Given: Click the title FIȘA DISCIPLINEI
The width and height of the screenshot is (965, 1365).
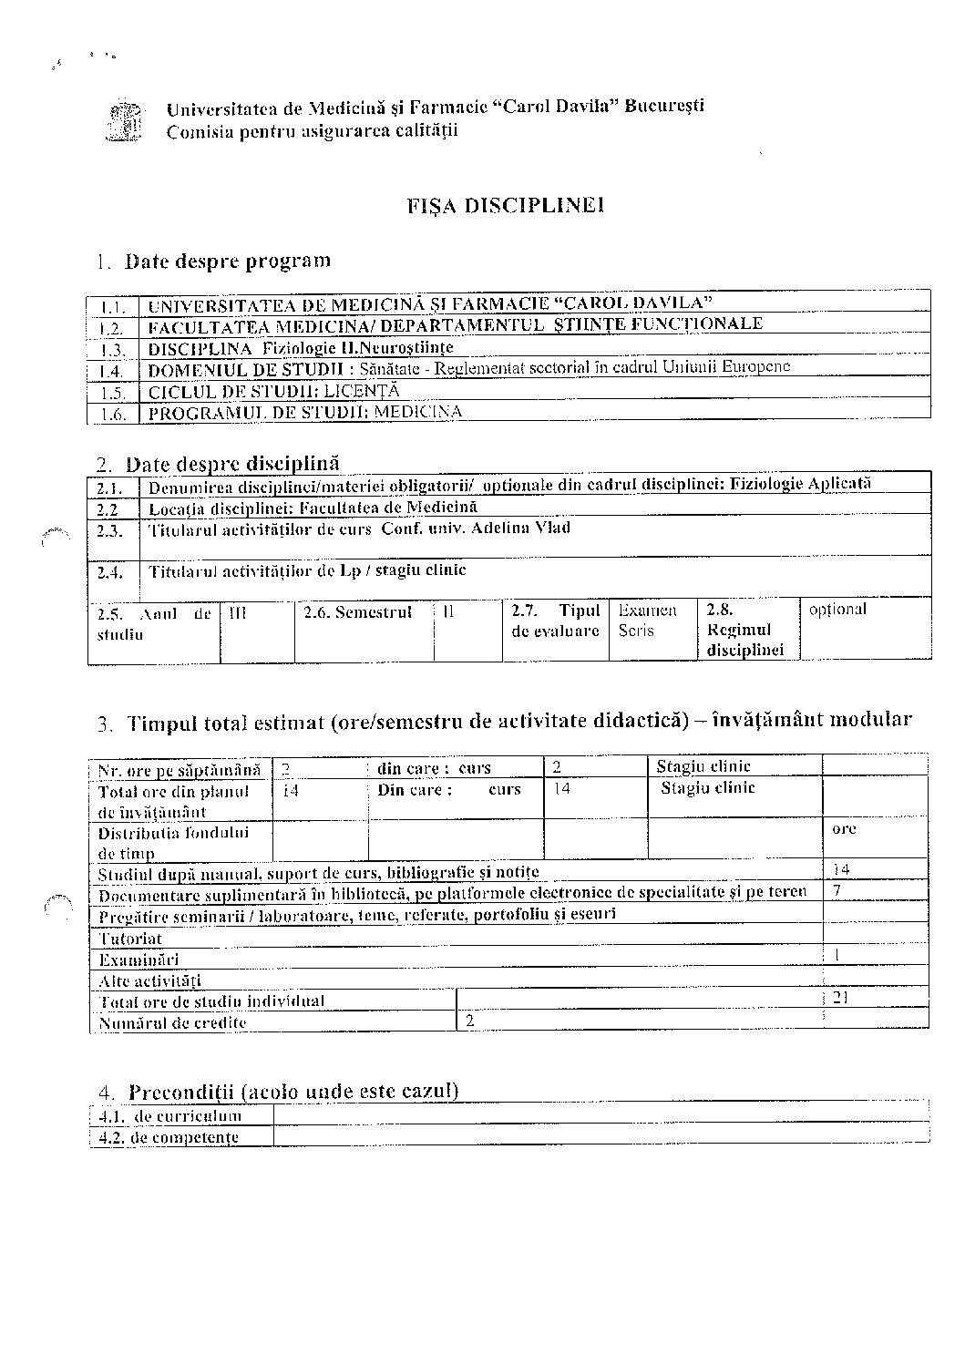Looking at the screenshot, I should (x=507, y=205).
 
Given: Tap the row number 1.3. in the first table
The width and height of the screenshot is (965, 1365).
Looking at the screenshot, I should (x=112, y=350).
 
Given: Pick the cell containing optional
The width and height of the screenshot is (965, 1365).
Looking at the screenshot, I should (x=837, y=609).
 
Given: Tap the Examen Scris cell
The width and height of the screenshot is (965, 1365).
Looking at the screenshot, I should (x=647, y=621).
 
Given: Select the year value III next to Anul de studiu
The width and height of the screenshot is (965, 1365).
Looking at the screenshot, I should (x=237, y=613).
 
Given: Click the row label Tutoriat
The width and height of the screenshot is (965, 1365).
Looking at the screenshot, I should (x=130, y=939).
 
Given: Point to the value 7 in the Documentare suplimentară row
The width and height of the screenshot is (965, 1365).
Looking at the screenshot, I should (x=837, y=890).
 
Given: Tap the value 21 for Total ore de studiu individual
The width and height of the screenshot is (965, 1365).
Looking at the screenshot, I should (x=840, y=998).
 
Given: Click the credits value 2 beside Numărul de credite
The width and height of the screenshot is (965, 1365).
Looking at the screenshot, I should (x=470, y=1021).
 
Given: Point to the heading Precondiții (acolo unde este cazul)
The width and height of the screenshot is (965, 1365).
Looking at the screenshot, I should (x=293, y=1091).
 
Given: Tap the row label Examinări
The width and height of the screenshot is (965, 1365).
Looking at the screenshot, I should (x=139, y=960).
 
